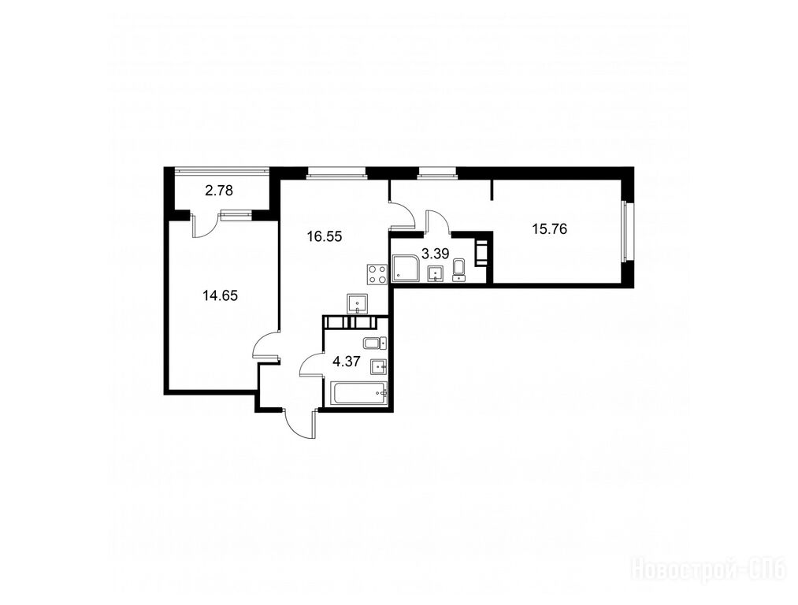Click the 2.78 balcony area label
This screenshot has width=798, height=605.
pos(219,191)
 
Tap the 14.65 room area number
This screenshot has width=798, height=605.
pos(220,295)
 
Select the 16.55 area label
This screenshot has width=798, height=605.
pos(324,236)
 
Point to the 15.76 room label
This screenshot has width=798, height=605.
pos(549,229)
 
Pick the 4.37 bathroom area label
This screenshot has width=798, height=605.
pos(347,362)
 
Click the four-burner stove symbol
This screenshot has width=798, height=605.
pos(376,274)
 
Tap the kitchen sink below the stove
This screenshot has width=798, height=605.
pos(358,304)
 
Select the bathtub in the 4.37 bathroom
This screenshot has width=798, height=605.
pos(358,393)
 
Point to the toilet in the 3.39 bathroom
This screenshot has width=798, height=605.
pos(459,270)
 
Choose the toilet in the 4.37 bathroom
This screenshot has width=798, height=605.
pos(376,343)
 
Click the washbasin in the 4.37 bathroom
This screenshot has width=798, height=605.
pos(379,366)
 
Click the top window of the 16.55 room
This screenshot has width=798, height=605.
pos(336,175)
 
